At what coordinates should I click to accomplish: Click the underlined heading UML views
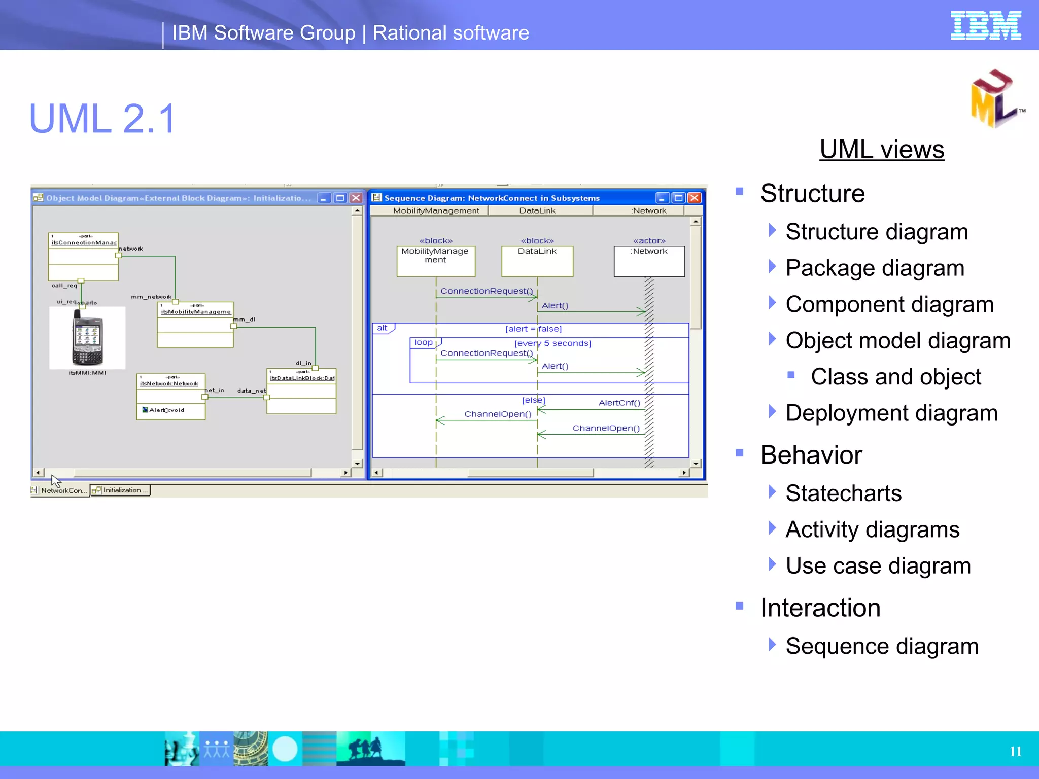tap(882, 150)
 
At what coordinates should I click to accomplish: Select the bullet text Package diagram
tap(875, 268)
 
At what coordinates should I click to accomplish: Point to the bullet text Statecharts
tap(843, 493)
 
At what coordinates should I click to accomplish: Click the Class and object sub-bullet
tap(895, 377)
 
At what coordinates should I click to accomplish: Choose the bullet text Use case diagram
tap(878, 566)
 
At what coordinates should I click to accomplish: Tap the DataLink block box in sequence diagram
tap(537, 261)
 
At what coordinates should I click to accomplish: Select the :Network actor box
tap(649, 261)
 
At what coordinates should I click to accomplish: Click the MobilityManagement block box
tap(435, 261)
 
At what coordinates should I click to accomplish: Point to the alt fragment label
tap(383, 328)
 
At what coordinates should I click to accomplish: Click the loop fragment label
tap(424, 343)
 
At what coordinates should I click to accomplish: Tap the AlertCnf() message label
tap(619, 403)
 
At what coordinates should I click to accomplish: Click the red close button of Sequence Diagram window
tap(694, 198)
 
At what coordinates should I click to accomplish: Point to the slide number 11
tap(1015, 751)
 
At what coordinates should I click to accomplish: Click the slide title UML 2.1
tap(102, 119)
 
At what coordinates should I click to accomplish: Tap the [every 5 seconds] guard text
tap(552, 343)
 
